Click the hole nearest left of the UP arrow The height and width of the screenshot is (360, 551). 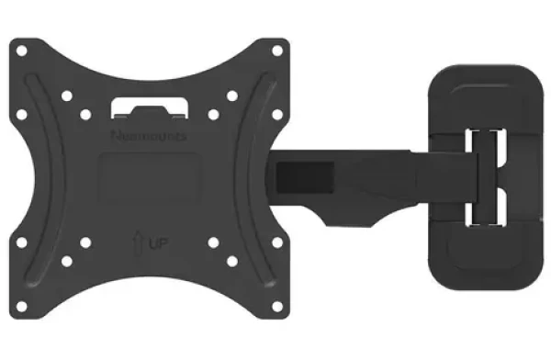(x=86, y=243)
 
